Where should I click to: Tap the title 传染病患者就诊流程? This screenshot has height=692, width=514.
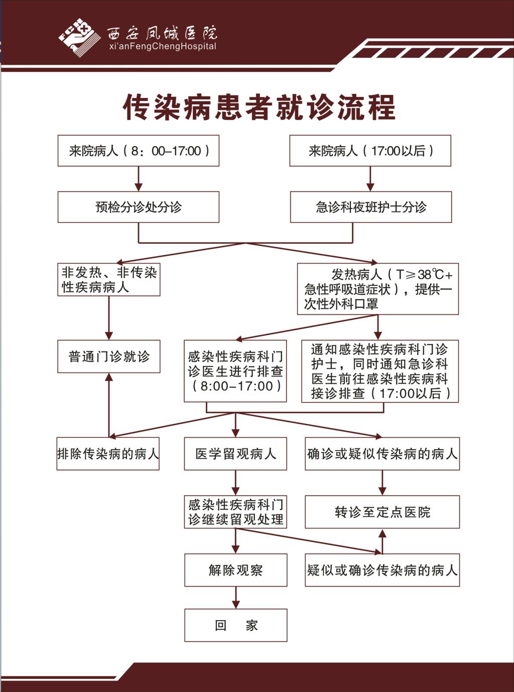point(259,107)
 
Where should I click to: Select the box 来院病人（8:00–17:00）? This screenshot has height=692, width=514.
point(139,151)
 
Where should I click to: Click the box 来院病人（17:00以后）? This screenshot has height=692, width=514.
point(370,151)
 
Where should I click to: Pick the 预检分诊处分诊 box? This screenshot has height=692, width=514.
point(139,207)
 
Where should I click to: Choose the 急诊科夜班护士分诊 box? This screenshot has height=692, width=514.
point(371,207)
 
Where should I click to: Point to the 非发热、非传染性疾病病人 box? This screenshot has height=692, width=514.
point(109,280)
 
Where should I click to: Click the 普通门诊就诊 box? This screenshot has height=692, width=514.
point(109,357)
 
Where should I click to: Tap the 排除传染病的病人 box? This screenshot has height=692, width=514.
point(108,453)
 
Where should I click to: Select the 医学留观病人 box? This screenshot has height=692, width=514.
point(235,453)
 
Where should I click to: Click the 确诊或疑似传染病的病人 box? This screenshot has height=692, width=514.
point(382,453)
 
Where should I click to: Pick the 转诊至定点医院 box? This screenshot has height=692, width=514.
point(382,512)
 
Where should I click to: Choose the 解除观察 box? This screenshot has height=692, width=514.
point(236,570)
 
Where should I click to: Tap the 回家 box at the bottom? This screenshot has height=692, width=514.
point(236,625)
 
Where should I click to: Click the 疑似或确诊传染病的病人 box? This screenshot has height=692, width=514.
point(382,570)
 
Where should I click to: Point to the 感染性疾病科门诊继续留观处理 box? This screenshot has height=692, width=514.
point(235,512)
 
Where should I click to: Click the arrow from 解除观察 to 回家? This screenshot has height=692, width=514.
point(236,598)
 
